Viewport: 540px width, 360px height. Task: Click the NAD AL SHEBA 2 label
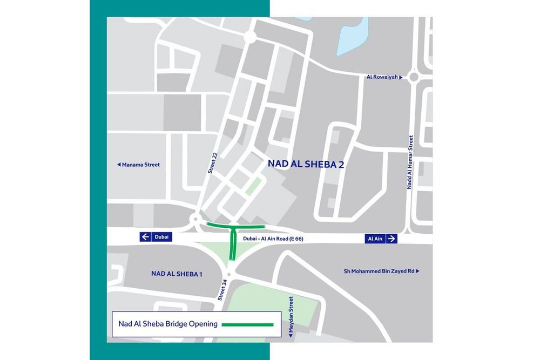(x=306, y=164)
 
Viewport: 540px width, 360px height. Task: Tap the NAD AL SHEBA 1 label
(x=177, y=274)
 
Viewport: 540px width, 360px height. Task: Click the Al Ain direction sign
(x=382, y=239)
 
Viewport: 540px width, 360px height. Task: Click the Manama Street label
(x=139, y=165)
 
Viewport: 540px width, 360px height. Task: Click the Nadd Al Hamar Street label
(x=410, y=161)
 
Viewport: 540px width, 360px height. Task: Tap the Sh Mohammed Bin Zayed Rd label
(x=381, y=271)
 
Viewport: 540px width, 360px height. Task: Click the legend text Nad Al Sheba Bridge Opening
(x=167, y=324)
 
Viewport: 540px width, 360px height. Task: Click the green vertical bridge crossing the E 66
(x=233, y=243)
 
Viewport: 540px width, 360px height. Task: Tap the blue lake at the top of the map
(x=353, y=35)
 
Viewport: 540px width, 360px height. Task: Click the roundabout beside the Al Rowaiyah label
(x=414, y=77)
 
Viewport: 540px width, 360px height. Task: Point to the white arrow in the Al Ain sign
(x=391, y=239)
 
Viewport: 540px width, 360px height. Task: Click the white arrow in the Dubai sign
(x=145, y=236)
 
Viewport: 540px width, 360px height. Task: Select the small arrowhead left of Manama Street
(x=118, y=165)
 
